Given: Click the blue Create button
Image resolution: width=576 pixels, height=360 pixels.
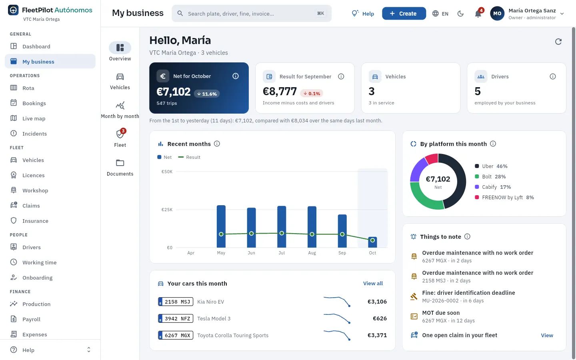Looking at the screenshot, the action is point(404,13).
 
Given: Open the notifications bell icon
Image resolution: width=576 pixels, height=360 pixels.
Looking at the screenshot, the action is point(478,14).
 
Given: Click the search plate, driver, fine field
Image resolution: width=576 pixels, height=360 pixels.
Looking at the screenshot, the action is point(252,13).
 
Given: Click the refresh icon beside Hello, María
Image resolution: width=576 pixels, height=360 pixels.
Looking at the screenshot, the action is point(558,42).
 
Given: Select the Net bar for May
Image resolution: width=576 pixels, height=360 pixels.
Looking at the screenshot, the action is point(221,226).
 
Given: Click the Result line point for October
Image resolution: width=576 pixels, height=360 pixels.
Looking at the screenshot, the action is point(372,240).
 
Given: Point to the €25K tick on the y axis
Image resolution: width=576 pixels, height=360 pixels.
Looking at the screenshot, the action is point(167,210).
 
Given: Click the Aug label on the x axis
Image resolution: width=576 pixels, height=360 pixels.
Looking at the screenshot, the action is point(312,253).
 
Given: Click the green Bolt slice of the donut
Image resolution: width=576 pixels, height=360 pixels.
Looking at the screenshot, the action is point(425,198).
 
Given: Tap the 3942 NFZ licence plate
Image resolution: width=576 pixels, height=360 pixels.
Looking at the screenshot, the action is point(176,318).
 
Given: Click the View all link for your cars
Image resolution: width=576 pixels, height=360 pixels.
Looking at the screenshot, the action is point(373,283).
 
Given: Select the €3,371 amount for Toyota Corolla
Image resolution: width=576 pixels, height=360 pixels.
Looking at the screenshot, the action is point(377,335).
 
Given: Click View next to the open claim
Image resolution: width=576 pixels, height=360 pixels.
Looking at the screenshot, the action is point(547,335).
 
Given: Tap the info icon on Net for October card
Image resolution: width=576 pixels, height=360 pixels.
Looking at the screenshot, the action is point(236,76).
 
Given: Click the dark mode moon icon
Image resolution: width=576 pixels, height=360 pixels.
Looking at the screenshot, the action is point(460,14).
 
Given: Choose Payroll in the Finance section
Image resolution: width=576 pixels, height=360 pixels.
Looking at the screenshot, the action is point(31,319).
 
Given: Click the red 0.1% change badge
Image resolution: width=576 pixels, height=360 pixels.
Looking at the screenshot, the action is point(312,93).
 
